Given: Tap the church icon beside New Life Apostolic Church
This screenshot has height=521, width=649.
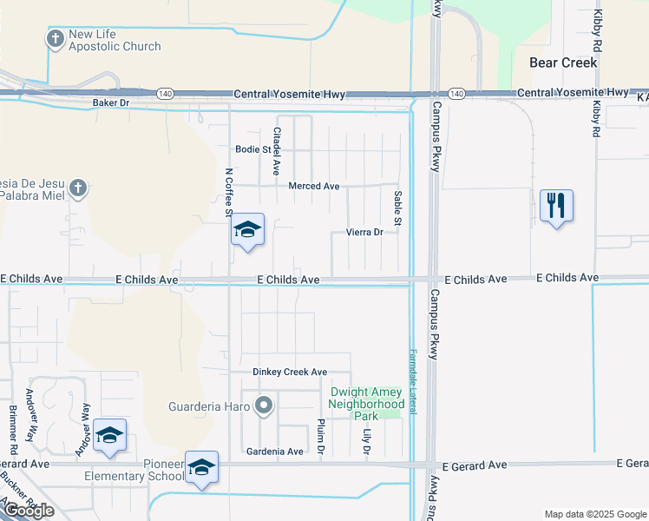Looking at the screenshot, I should (56, 38).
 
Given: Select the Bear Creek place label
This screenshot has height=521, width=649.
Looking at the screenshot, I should (564, 63).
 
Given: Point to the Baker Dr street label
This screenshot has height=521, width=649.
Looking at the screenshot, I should (110, 102).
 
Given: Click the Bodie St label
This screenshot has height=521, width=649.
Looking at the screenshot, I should (252, 149).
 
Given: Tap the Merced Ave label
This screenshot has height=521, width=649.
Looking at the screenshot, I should (314, 186).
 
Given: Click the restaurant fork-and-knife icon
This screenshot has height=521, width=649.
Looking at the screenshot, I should (556, 206).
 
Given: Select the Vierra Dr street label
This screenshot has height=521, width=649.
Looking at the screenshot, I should (364, 232).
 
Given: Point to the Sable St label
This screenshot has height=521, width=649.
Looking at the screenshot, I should (397, 210).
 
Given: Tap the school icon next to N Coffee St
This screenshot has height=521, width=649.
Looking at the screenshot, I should (247, 230).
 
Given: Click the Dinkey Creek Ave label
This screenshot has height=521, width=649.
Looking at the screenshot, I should (290, 372).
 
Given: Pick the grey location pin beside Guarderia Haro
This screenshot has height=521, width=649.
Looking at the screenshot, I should (265, 406).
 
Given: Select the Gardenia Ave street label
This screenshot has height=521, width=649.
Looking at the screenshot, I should (275, 452).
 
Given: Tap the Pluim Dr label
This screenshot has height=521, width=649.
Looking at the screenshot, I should (320, 437).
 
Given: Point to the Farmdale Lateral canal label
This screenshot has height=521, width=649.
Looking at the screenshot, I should (413, 382).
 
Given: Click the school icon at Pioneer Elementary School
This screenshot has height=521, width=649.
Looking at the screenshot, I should (201, 468).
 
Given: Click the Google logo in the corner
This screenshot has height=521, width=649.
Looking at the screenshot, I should (29, 511).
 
